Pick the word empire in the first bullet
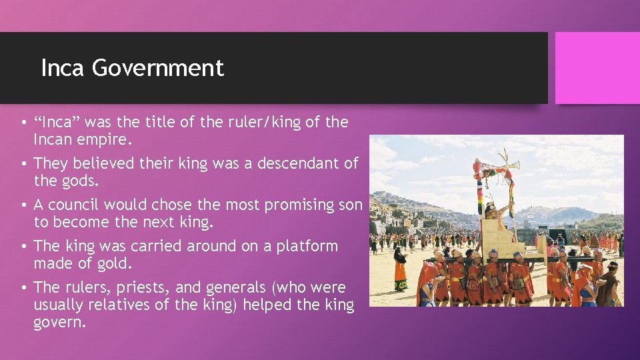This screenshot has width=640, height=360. (107, 140)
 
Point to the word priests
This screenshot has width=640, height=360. (141, 288)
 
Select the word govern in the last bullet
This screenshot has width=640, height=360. (59, 323)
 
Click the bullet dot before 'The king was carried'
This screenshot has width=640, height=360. (23, 247)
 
